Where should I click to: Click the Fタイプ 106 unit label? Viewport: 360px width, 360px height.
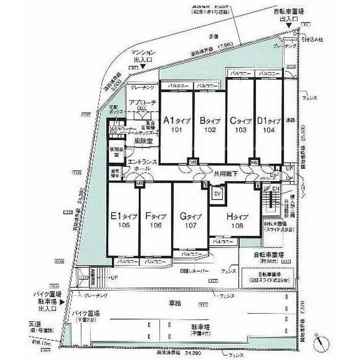point(155,220)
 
